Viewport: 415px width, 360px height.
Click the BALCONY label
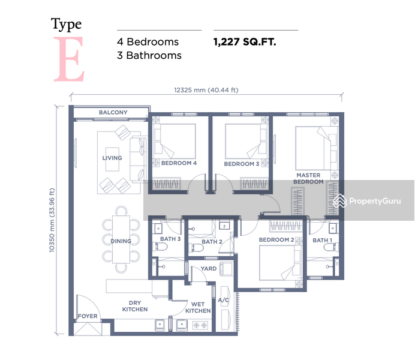click(x=113, y=112)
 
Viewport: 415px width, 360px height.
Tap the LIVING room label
click(x=112, y=158)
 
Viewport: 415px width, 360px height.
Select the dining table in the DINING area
click(x=121, y=239)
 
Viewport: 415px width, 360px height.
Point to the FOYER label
click(x=88, y=316)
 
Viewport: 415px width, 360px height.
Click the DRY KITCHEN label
click(x=135, y=306)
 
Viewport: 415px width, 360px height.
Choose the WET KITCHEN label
click(x=198, y=307)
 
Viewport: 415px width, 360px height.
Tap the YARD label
click(x=209, y=268)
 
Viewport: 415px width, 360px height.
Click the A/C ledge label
click(x=223, y=300)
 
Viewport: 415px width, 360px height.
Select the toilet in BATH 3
click(x=161, y=247)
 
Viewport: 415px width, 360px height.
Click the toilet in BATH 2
click(x=197, y=248)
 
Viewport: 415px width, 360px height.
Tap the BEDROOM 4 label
click(x=179, y=163)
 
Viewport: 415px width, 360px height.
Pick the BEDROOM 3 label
click(x=241, y=164)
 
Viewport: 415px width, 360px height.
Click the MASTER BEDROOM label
click(x=308, y=178)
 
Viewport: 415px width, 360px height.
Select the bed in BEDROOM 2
click(x=280, y=263)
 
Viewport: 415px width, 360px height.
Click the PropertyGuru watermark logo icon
click(x=340, y=200)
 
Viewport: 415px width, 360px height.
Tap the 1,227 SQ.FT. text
click(x=245, y=42)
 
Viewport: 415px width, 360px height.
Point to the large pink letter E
click(x=69, y=59)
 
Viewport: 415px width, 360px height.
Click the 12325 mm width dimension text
click(x=206, y=90)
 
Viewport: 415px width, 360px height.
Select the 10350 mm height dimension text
click(x=52, y=220)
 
